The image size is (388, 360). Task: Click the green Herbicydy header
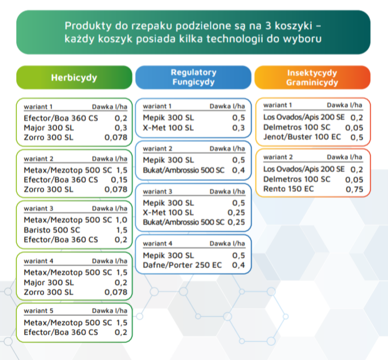74,77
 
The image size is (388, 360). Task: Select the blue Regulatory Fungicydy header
193,77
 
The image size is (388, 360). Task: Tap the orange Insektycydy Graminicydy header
312,77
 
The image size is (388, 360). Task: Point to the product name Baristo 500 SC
52,230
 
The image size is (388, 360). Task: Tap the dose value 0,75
354,190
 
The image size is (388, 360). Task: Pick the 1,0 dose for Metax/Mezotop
121,221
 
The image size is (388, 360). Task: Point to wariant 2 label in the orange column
278,157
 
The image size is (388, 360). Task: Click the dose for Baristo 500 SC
121,230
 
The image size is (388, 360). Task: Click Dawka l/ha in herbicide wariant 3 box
110,209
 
